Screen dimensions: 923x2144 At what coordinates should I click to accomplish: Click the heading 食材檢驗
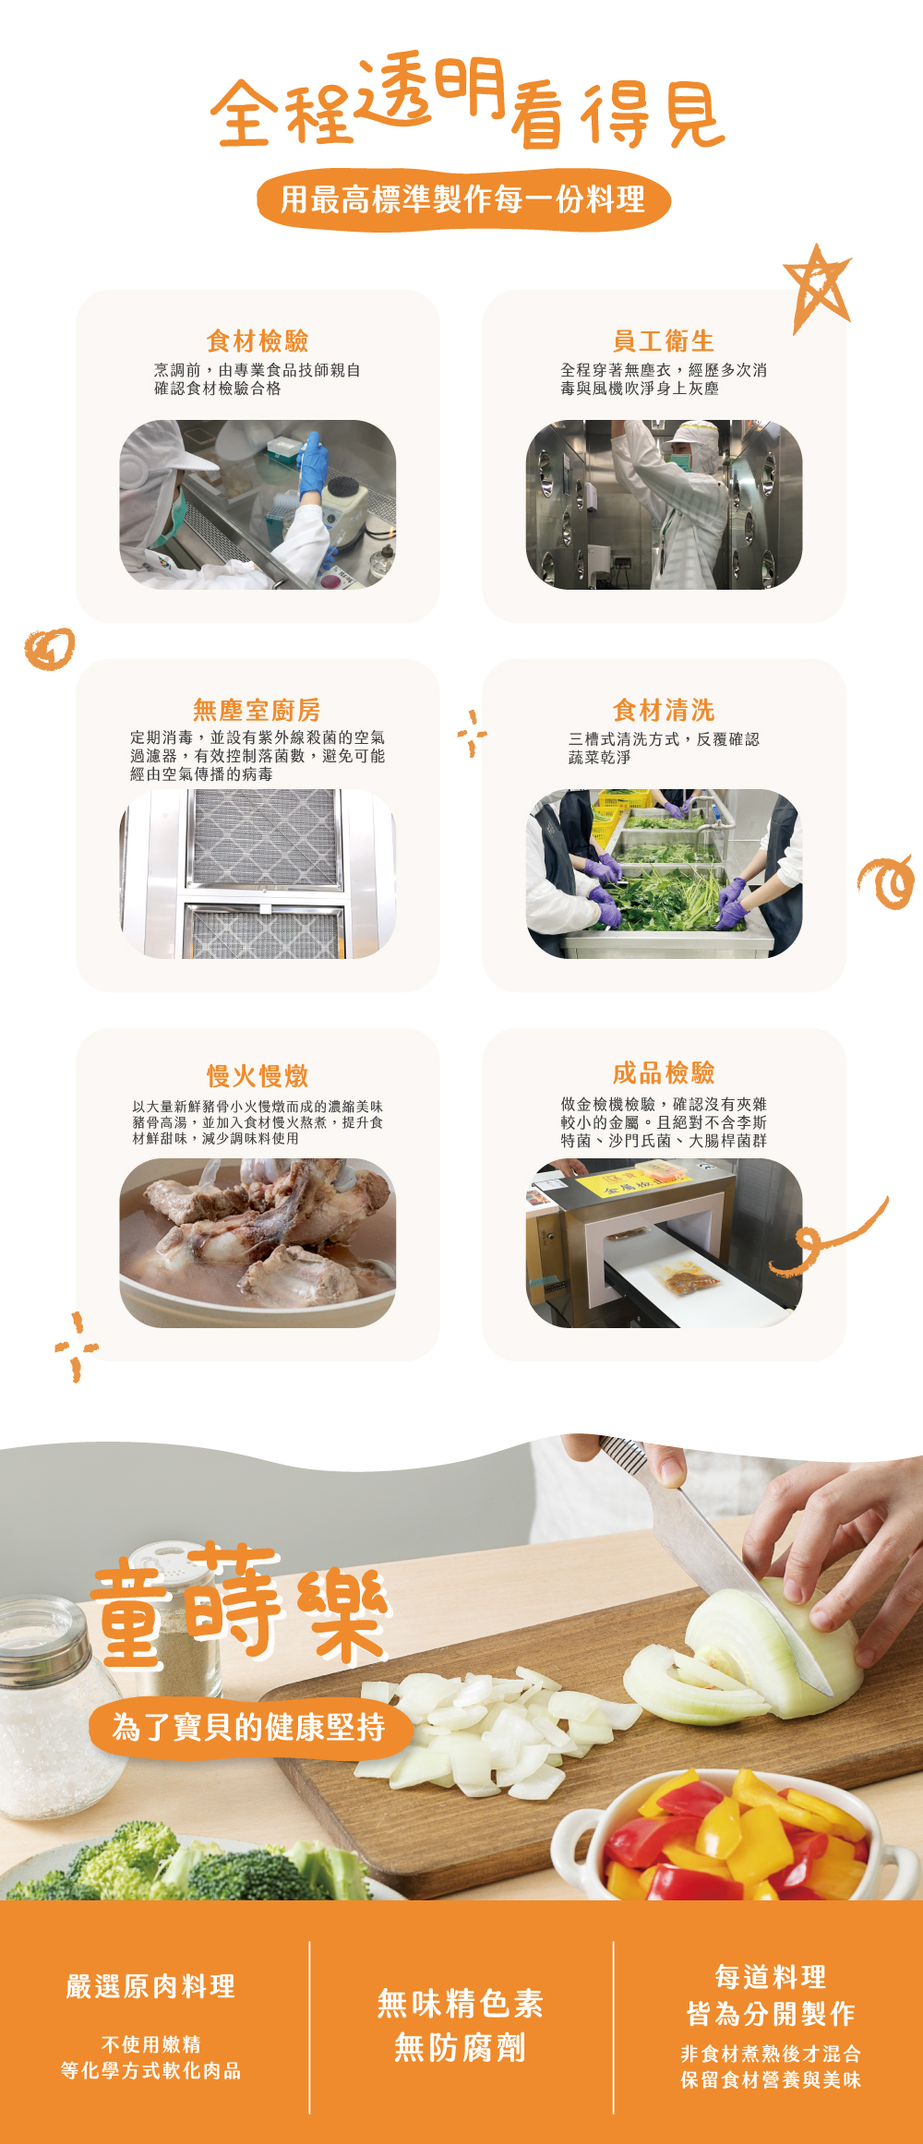[258, 341]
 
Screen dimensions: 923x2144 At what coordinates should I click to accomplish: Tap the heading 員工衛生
[664, 341]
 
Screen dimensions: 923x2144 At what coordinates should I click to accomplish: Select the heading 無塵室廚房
[257, 710]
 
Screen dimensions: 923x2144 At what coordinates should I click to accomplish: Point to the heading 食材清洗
[664, 710]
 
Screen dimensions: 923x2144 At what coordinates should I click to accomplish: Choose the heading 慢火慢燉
[258, 1076]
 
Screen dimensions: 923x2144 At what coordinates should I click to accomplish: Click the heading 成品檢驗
[664, 1072]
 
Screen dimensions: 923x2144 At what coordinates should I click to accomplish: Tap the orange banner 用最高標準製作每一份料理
[463, 199]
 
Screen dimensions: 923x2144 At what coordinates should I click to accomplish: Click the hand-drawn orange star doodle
[817, 287]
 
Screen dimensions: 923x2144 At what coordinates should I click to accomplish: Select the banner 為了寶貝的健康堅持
[250, 1727]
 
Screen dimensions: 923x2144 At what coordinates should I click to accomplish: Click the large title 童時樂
[240, 1606]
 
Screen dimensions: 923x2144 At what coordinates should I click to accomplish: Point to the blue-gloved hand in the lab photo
[312, 466]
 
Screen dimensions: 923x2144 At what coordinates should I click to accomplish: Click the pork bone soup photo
[258, 1242]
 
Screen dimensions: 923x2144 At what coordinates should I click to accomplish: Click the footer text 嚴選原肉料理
[150, 1986]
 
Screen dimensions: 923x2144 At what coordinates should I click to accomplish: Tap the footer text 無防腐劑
[461, 2048]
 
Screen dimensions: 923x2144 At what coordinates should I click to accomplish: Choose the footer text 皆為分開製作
[771, 2013]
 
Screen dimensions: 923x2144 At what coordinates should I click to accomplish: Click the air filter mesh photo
[258, 873]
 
